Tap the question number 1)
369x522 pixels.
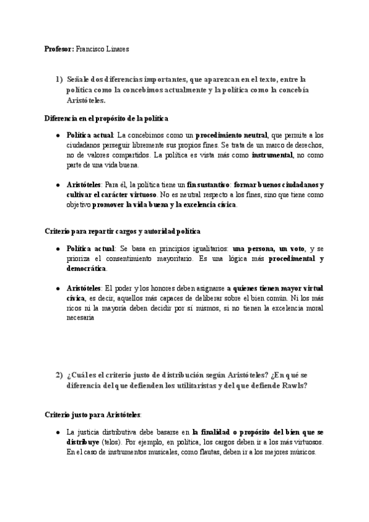pyautogui.click(x=59, y=79)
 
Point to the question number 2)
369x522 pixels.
pyautogui.click(x=59, y=376)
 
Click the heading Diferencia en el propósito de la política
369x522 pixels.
pyautogui.click(x=106, y=116)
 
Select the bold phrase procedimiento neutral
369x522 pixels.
pyautogui.click(x=232, y=134)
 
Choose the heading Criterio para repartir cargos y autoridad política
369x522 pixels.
pyautogui.click(x=122, y=231)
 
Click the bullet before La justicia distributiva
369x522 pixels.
pyautogui.click(x=57, y=433)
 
